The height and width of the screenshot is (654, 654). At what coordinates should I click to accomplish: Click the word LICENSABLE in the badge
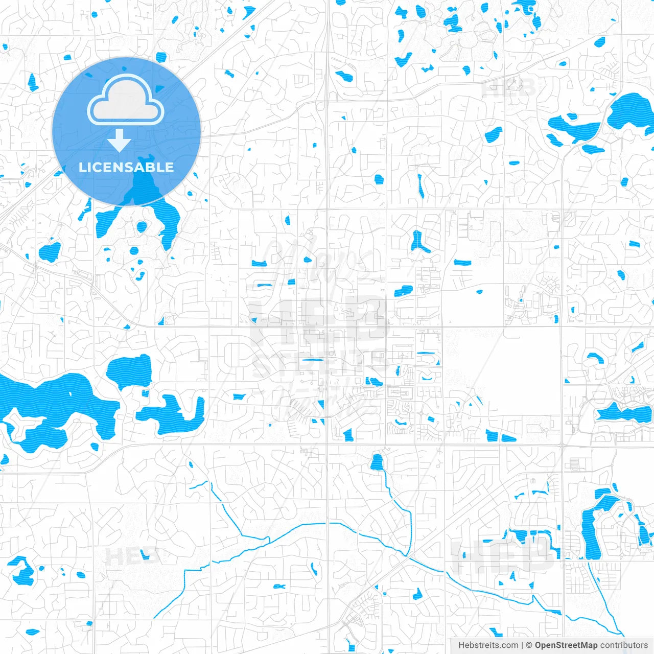[126, 167]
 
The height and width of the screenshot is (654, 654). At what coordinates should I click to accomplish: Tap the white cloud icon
[126, 100]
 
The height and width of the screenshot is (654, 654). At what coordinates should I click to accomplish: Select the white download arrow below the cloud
[120, 141]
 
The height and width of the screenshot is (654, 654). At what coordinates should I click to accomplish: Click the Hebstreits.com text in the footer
[488, 645]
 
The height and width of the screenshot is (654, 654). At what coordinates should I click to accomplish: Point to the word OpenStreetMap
[566, 645]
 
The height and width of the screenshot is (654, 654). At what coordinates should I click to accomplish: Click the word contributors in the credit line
[624, 645]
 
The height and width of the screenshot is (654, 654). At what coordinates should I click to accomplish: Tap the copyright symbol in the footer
[529, 645]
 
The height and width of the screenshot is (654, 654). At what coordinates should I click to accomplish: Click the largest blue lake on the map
[56, 404]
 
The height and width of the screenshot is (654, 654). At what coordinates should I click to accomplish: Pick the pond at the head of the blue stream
[377, 462]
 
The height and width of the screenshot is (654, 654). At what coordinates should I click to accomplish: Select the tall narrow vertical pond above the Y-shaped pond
[421, 186]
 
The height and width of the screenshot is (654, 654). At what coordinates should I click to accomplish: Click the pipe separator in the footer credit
[522, 645]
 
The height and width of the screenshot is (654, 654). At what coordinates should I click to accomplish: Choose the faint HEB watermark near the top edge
[508, 88]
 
